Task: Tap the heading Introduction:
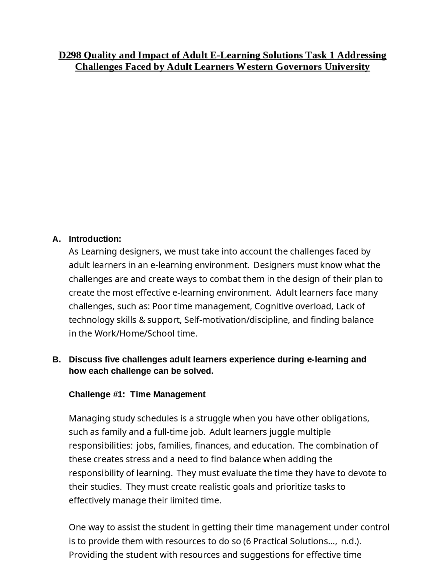point(95,239)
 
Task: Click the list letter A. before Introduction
point(56,239)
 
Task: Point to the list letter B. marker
point(56,359)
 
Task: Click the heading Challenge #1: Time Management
point(137,394)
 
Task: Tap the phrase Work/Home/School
point(134,334)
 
